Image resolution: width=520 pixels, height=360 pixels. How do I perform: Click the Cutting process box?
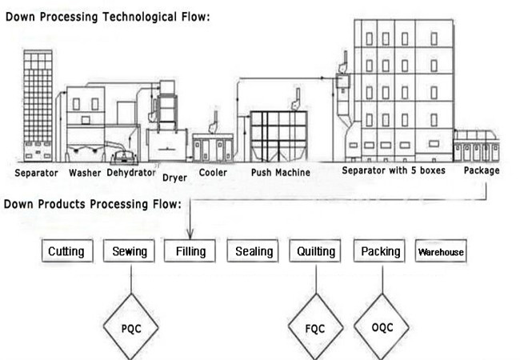67,251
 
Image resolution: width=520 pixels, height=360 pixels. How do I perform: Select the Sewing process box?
129,251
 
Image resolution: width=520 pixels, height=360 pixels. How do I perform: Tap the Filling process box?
190,251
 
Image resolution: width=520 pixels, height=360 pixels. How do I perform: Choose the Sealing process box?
253,251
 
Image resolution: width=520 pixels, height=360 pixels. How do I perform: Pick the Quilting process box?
315,251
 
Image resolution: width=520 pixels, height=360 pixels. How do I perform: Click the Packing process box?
379,251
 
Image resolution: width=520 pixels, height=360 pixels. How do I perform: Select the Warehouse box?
441,251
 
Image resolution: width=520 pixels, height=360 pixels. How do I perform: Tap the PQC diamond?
131,326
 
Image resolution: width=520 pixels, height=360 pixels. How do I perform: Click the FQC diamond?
315,326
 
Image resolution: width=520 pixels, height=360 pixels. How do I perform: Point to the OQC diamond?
382,326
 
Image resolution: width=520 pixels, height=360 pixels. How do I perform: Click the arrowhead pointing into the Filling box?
190,235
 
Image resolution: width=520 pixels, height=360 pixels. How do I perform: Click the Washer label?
85,173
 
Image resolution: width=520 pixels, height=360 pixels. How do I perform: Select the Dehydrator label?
131,173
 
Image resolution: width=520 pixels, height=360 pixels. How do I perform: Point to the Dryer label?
174,178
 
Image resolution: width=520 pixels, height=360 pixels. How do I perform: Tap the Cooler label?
213,172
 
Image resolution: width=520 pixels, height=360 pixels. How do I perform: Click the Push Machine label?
281,172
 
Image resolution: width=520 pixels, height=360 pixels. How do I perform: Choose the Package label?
482,170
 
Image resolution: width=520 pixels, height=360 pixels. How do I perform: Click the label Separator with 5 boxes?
394,170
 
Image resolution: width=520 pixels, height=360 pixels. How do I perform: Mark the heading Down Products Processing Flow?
93,204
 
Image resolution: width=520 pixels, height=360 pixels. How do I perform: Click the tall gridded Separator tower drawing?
38,106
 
